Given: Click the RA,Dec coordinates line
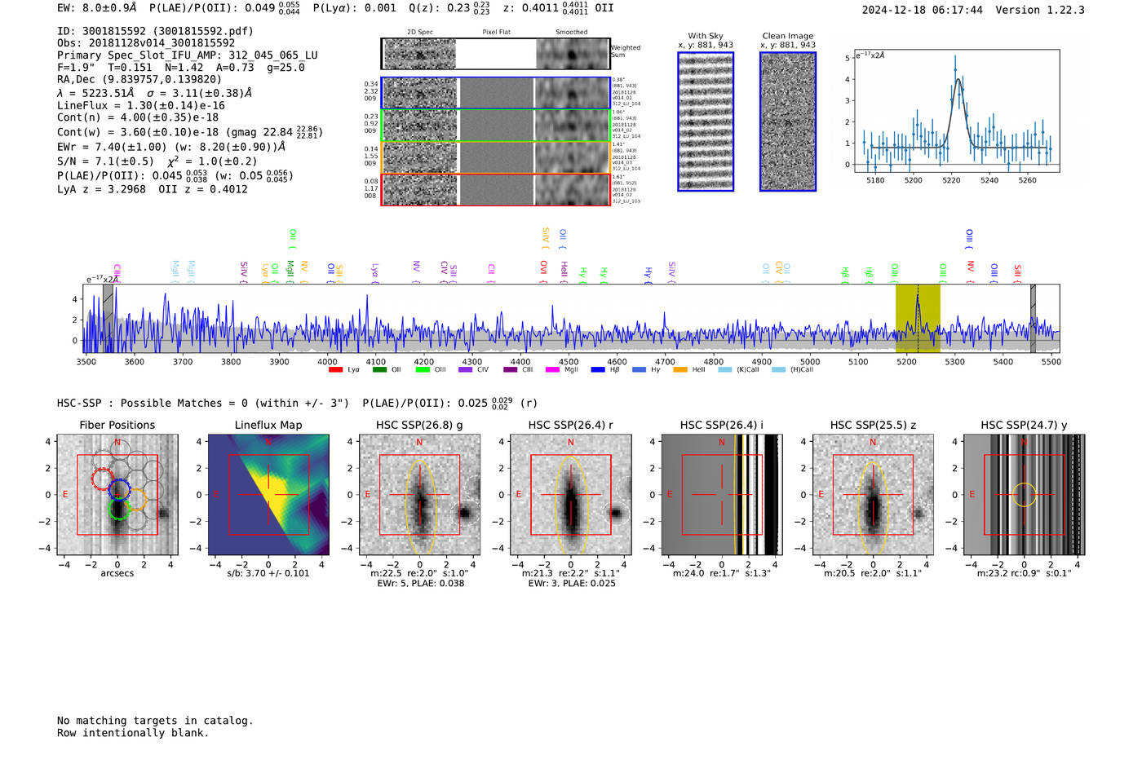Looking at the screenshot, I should [139, 80].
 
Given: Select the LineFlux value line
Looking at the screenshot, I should [141, 105].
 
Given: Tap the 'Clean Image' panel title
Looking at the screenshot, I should [787, 36].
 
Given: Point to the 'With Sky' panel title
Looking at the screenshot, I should [705, 36].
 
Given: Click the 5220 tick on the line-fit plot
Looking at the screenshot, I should [951, 180].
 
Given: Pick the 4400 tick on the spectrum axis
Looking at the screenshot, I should [520, 361].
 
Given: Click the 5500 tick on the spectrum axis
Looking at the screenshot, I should [1051, 361].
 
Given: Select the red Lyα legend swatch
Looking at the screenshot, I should [335, 370].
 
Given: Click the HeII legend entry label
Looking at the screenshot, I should [698, 370].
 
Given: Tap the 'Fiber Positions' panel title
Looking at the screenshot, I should [117, 425].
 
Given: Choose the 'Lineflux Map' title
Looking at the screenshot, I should [268, 425].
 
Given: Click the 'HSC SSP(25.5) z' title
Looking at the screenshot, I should [873, 425].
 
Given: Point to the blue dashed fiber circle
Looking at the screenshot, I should [119, 489].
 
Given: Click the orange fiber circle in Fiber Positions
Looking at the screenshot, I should [138, 499].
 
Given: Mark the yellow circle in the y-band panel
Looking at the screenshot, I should [1025, 495].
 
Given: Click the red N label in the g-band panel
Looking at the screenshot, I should [419, 443].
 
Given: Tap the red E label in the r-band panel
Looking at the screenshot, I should [519, 495].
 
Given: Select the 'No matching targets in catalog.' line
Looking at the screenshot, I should [155, 721].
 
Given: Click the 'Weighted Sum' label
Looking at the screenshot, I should [626, 51].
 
